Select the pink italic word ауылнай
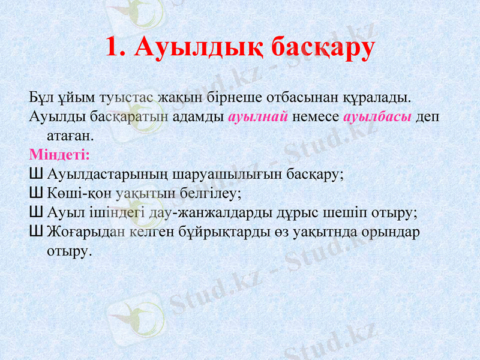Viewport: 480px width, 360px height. pyautogui.click(x=259, y=116)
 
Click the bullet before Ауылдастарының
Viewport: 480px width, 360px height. pyautogui.click(x=35, y=175)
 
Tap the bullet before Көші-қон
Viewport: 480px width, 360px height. pyautogui.click(x=35, y=194)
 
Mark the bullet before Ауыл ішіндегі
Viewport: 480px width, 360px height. pyautogui.click(x=35, y=213)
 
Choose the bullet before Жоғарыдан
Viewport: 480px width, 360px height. pyautogui.click(x=35, y=232)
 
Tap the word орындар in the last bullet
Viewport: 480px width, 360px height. pyautogui.click(x=389, y=232)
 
